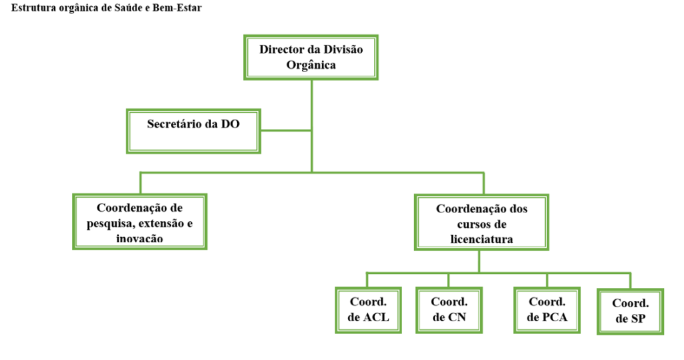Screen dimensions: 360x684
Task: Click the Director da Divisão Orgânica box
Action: (x=311, y=57)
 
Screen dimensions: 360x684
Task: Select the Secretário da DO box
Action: (x=193, y=131)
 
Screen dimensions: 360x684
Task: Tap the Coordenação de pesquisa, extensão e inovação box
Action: (x=140, y=222)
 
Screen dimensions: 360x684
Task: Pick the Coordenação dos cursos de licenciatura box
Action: (x=482, y=223)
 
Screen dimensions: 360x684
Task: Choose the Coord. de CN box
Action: (x=449, y=309)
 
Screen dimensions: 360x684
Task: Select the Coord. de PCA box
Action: (x=547, y=309)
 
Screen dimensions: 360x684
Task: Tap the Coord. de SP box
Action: (x=631, y=311)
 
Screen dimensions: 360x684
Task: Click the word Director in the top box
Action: (x=281, y=49)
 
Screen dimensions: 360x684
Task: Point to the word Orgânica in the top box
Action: (x=311, y=65)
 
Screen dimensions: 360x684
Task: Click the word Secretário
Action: (x=176, y=124)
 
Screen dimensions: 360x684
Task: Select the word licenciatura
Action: (x=482, y=238)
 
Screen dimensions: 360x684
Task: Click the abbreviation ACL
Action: (x=376, y=317)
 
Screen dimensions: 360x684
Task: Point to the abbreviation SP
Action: (x=638, y=319)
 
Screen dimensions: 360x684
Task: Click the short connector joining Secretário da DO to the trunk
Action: (x=285, y=130)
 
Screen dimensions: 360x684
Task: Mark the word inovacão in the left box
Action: (x=139, y=238)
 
